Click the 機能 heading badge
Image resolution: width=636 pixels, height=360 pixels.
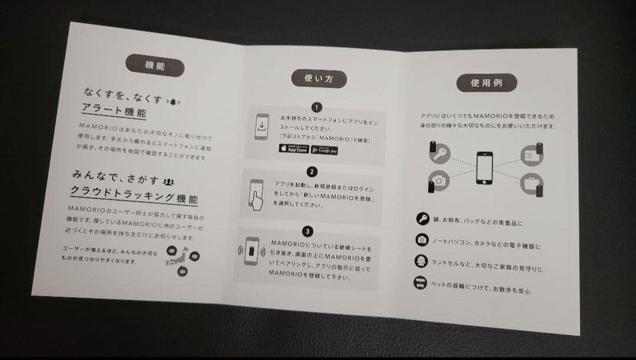coord(155,65)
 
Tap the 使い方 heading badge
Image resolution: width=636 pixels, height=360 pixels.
coord(318,78)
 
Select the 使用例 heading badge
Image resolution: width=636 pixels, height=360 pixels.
coord(486,83)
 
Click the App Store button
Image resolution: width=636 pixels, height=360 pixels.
coord(293,148)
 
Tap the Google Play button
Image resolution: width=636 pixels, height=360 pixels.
coord(324,150)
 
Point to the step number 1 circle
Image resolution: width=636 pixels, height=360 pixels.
coord(317,107)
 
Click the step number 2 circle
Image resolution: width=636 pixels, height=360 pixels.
coord(313,172)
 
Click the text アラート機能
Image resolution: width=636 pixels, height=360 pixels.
coord(114,111)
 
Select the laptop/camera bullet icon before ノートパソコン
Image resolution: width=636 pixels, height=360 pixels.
coord(422,240)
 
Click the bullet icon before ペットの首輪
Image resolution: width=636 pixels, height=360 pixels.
coord(420,283)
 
